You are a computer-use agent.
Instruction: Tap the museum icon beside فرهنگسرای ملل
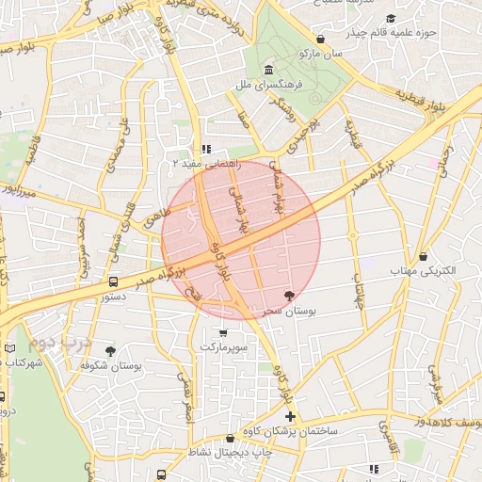(x=269, y=71)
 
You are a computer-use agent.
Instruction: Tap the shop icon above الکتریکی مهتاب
(x=423, y=256)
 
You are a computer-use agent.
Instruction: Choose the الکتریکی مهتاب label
(x=423, y=270)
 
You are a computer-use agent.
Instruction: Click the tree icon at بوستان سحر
(x=302, y=296)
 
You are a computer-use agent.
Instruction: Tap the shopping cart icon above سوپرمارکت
(x=222, y=332)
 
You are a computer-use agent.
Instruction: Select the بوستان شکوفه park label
(x=111, y=364)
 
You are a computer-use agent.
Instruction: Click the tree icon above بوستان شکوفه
(x=111, y=350)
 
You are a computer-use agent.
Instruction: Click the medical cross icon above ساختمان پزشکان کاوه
(x=290, y=416)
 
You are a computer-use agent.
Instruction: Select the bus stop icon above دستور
(x=114, y=281)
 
